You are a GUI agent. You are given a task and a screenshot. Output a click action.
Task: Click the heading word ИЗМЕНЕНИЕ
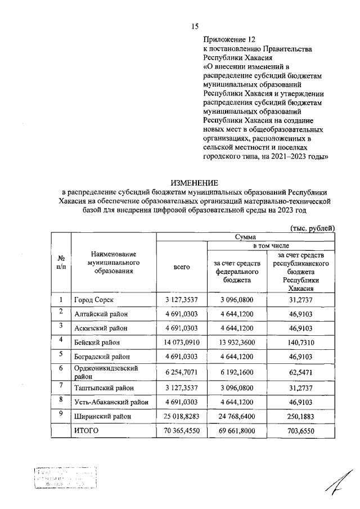(x=194, y=182)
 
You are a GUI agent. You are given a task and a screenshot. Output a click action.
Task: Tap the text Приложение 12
(x=229, y=40)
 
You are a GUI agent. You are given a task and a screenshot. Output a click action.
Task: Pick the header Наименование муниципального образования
(x=114, y=263)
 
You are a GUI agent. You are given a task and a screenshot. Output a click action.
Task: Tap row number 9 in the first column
(x=60, y=413)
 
